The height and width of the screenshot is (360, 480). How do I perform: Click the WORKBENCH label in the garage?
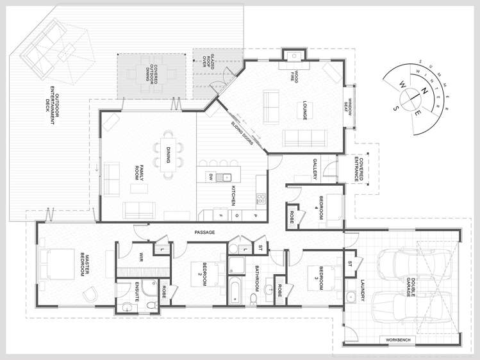point(399,340)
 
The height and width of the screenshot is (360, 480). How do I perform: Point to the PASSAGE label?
point(204,232)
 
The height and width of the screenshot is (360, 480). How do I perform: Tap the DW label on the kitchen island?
point(210,176)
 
